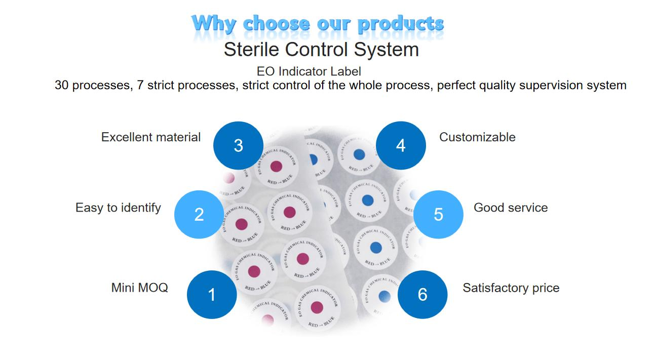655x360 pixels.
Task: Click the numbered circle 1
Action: point(212,294)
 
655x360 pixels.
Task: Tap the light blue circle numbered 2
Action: point(199,215)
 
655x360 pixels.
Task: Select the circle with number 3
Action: point(238,145)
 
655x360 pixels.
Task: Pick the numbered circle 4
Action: point(401,145)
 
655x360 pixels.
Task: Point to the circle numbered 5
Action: point(438,215)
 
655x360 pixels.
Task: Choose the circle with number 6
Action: point(422,294)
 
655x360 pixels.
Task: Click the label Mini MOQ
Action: point(139,288)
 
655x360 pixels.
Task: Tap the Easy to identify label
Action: point(118,208)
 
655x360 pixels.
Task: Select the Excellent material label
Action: point(151,137)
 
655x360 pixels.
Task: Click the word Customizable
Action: point(477,137)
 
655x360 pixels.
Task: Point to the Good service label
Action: point(511,208)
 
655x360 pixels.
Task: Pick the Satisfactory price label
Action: point(511,288)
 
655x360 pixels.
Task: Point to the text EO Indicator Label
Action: point(309,71)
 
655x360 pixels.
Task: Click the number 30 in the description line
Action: point(62,85)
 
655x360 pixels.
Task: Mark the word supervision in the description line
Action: point(550,85)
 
